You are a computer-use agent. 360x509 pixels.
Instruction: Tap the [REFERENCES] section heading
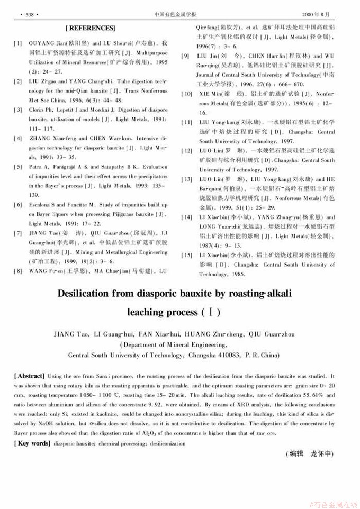(x=90, y=27)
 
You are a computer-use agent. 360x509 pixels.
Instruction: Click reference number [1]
(x=18, y=42)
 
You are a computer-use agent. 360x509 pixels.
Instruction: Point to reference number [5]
(x=18, y=167)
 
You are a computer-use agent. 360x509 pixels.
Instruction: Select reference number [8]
(x=18, y=271)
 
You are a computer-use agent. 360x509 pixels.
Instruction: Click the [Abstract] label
(x=30, y=375)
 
